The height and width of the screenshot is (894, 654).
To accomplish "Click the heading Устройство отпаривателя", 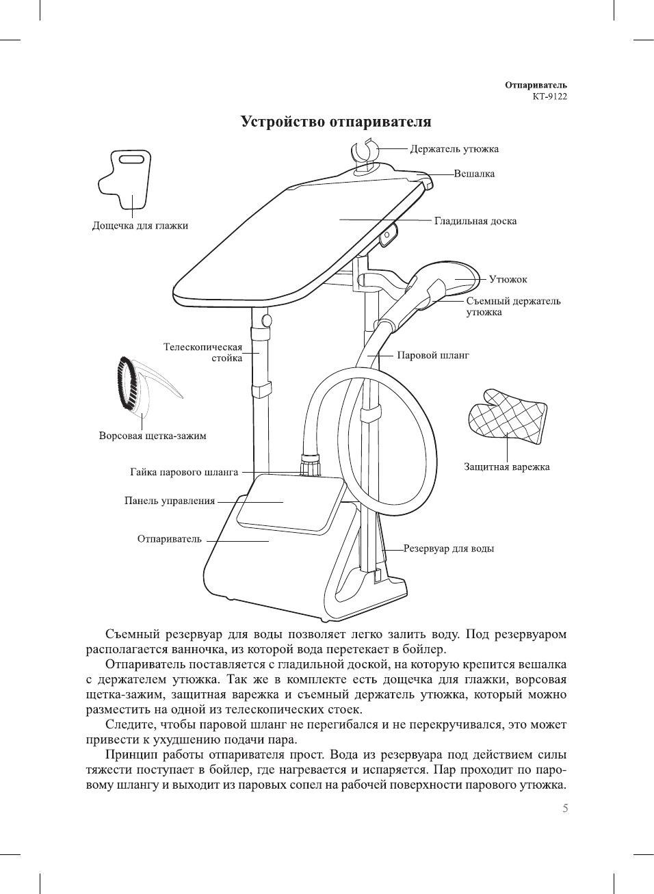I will pyautogui.click(x=336, y=122).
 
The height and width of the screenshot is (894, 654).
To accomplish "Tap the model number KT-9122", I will pyautogui.click(x=549, y=96).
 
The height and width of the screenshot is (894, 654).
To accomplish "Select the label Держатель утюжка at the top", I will pyautogui.click(x=454, y=149).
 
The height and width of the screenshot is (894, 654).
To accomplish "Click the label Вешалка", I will pyautogui.click(x=474, y=174).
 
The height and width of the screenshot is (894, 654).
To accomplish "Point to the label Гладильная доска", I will pyautogui.click(x=475, y=221).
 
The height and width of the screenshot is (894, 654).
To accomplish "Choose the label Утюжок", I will pyautogui.click(x=508, y=279).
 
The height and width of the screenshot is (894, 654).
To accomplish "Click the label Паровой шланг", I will pyautogui.click(x=433, y=355).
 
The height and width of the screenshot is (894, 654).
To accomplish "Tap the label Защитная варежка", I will pyautogui.click(x=506, y=467).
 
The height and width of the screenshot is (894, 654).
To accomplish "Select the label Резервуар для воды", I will pyautogui.click(x=448, y=549).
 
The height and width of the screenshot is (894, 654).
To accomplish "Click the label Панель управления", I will pyautogui.click(x=170, y=501).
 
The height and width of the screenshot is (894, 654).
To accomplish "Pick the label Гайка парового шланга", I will pyautogui.click(x=184, y=472).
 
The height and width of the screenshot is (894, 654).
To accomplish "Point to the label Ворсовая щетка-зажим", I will pyautogui.click(x=153, y=436).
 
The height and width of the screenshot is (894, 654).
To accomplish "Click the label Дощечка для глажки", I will pyautogui.click(x=140, y=226).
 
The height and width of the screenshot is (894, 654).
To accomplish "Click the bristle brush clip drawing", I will pyautogui.click(x=137, y=386).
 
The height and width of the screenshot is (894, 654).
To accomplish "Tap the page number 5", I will pyautogui.click(x=564, y=808).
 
